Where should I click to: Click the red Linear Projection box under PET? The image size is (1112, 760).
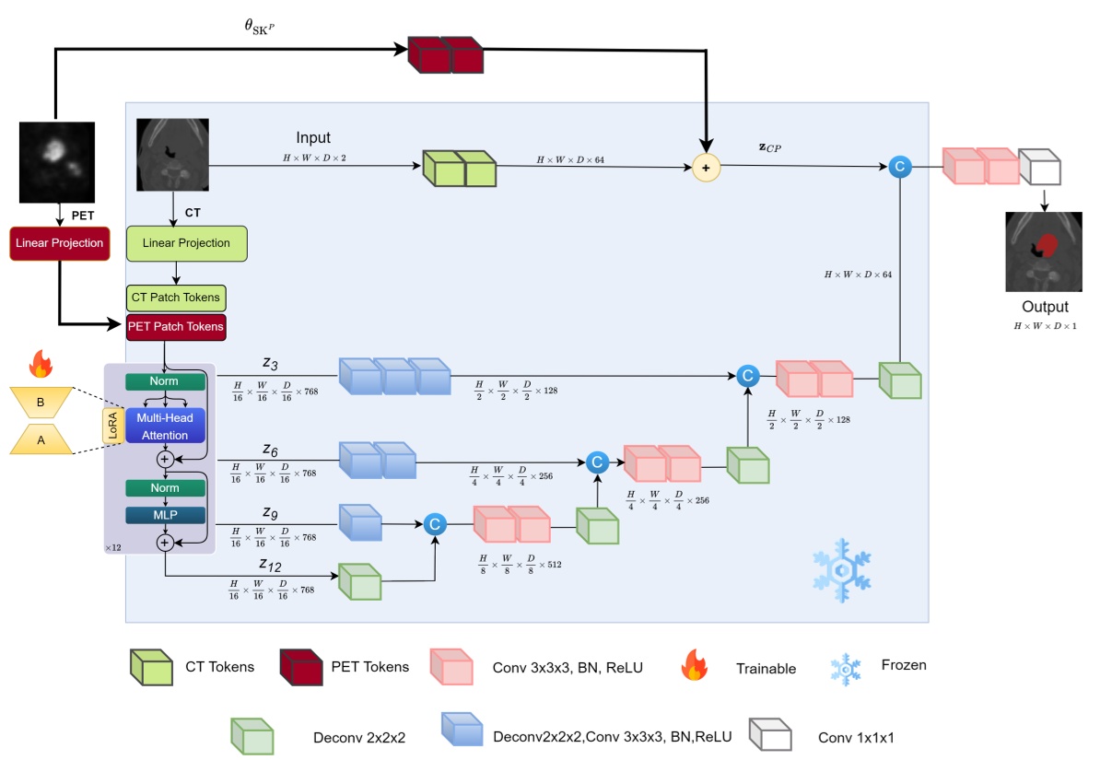pos(58,243)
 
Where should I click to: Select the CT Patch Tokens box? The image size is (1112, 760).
pos(175,298)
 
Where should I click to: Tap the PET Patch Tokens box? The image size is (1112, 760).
pos(175,325)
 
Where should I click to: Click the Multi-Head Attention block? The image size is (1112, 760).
pos(166,426)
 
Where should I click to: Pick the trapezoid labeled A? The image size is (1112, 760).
pos(41,440)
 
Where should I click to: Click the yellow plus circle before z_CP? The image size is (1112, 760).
pos(706,167)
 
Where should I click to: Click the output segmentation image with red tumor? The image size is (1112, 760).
pos(1044,251)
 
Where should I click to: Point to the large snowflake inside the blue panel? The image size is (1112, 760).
pos(842,569)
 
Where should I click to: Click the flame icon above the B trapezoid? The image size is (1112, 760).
pos(41,365)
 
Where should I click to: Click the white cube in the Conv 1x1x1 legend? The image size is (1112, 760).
pos(770,736)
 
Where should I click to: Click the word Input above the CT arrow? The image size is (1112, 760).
pos(313,137)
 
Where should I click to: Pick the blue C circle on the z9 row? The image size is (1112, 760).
pos(435,524)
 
